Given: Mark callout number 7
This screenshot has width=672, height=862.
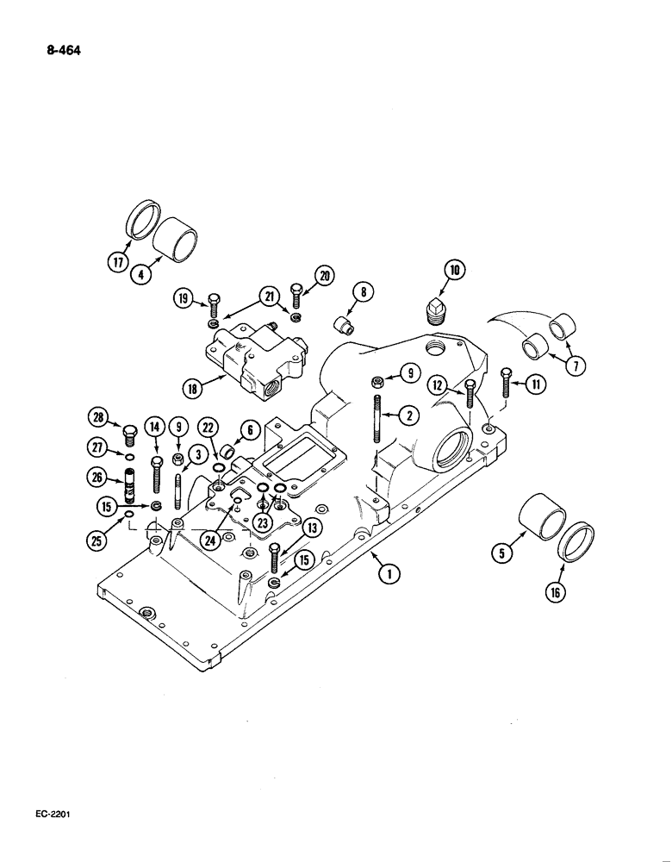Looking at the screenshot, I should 576,364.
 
